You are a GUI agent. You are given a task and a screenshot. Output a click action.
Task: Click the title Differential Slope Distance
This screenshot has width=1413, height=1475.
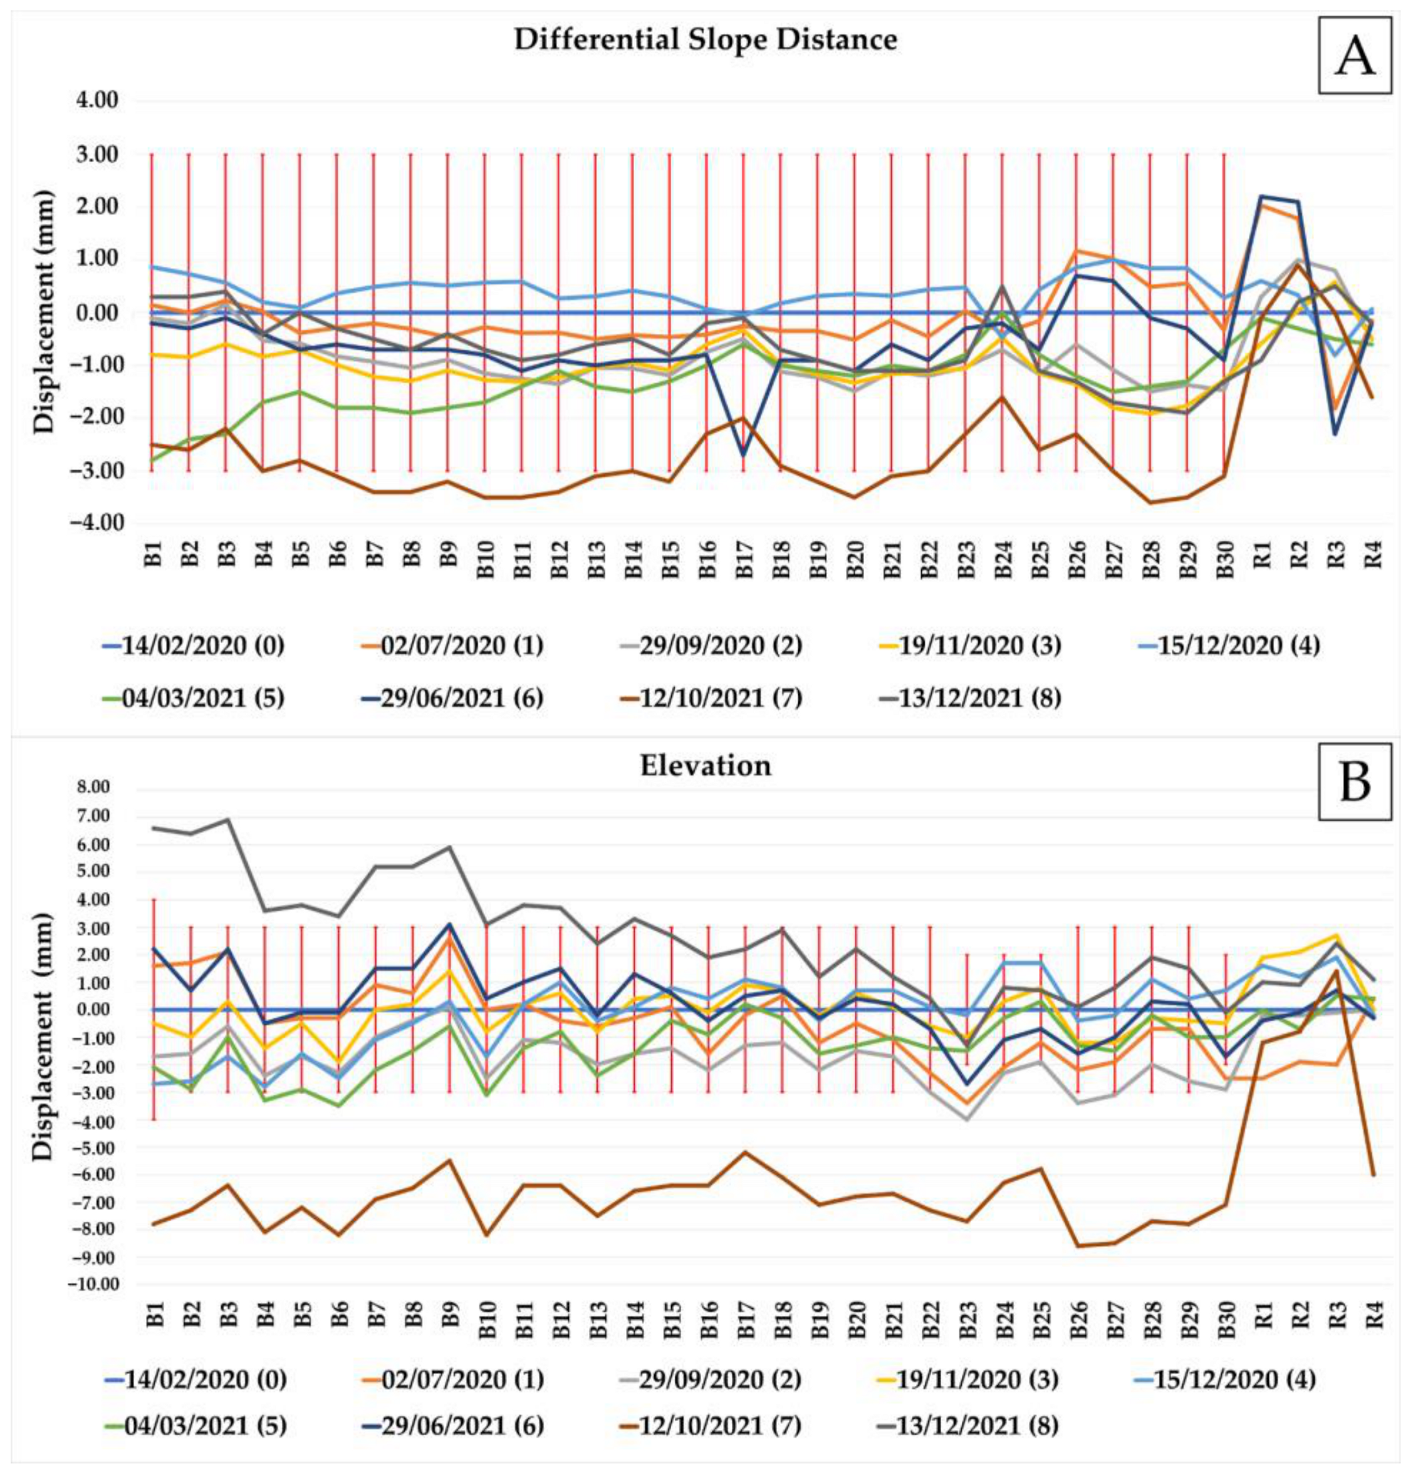[x=706, y=40]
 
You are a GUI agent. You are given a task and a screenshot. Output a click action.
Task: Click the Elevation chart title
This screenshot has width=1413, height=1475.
[x=706, y=765]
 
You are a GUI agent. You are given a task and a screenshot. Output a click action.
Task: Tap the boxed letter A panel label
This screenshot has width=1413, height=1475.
[x=1354, y=56]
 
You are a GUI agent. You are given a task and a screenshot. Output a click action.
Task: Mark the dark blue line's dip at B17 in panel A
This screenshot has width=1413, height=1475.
[x=743, y=455]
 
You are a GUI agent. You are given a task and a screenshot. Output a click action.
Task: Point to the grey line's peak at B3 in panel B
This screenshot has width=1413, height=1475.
[x=227, y=819]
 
